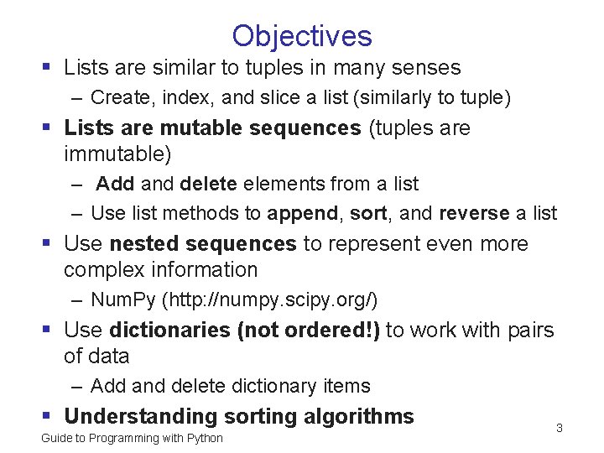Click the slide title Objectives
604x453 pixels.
coord(302,35)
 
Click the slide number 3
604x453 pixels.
coord(560,429)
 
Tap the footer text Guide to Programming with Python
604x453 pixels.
coord(132,438)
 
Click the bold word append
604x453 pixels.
coord(303,213)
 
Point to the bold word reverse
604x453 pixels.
coord(474,213)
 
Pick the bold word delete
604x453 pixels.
coord(208,184)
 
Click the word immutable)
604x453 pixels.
coord(117,154)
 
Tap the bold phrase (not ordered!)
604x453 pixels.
coord(309,330)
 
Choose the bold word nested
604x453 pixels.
coord(140,243)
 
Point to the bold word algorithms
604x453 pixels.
coord(362,416)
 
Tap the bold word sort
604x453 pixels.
coord(367,213)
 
